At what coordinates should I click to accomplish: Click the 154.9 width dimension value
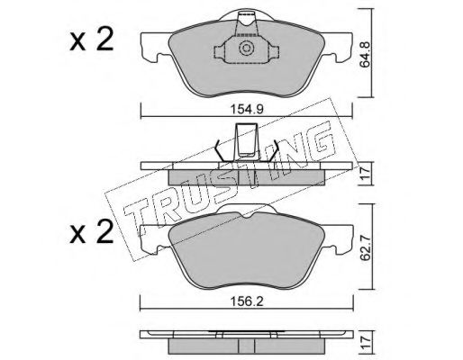[247, 110]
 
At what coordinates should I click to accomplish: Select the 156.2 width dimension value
[247, 301]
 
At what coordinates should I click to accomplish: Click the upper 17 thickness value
[366, 174]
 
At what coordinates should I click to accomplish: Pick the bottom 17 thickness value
[366, 343]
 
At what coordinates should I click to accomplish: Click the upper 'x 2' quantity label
[92, 39]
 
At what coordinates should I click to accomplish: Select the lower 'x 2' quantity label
[92, 231]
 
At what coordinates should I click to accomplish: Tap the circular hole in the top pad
[246, 49]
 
